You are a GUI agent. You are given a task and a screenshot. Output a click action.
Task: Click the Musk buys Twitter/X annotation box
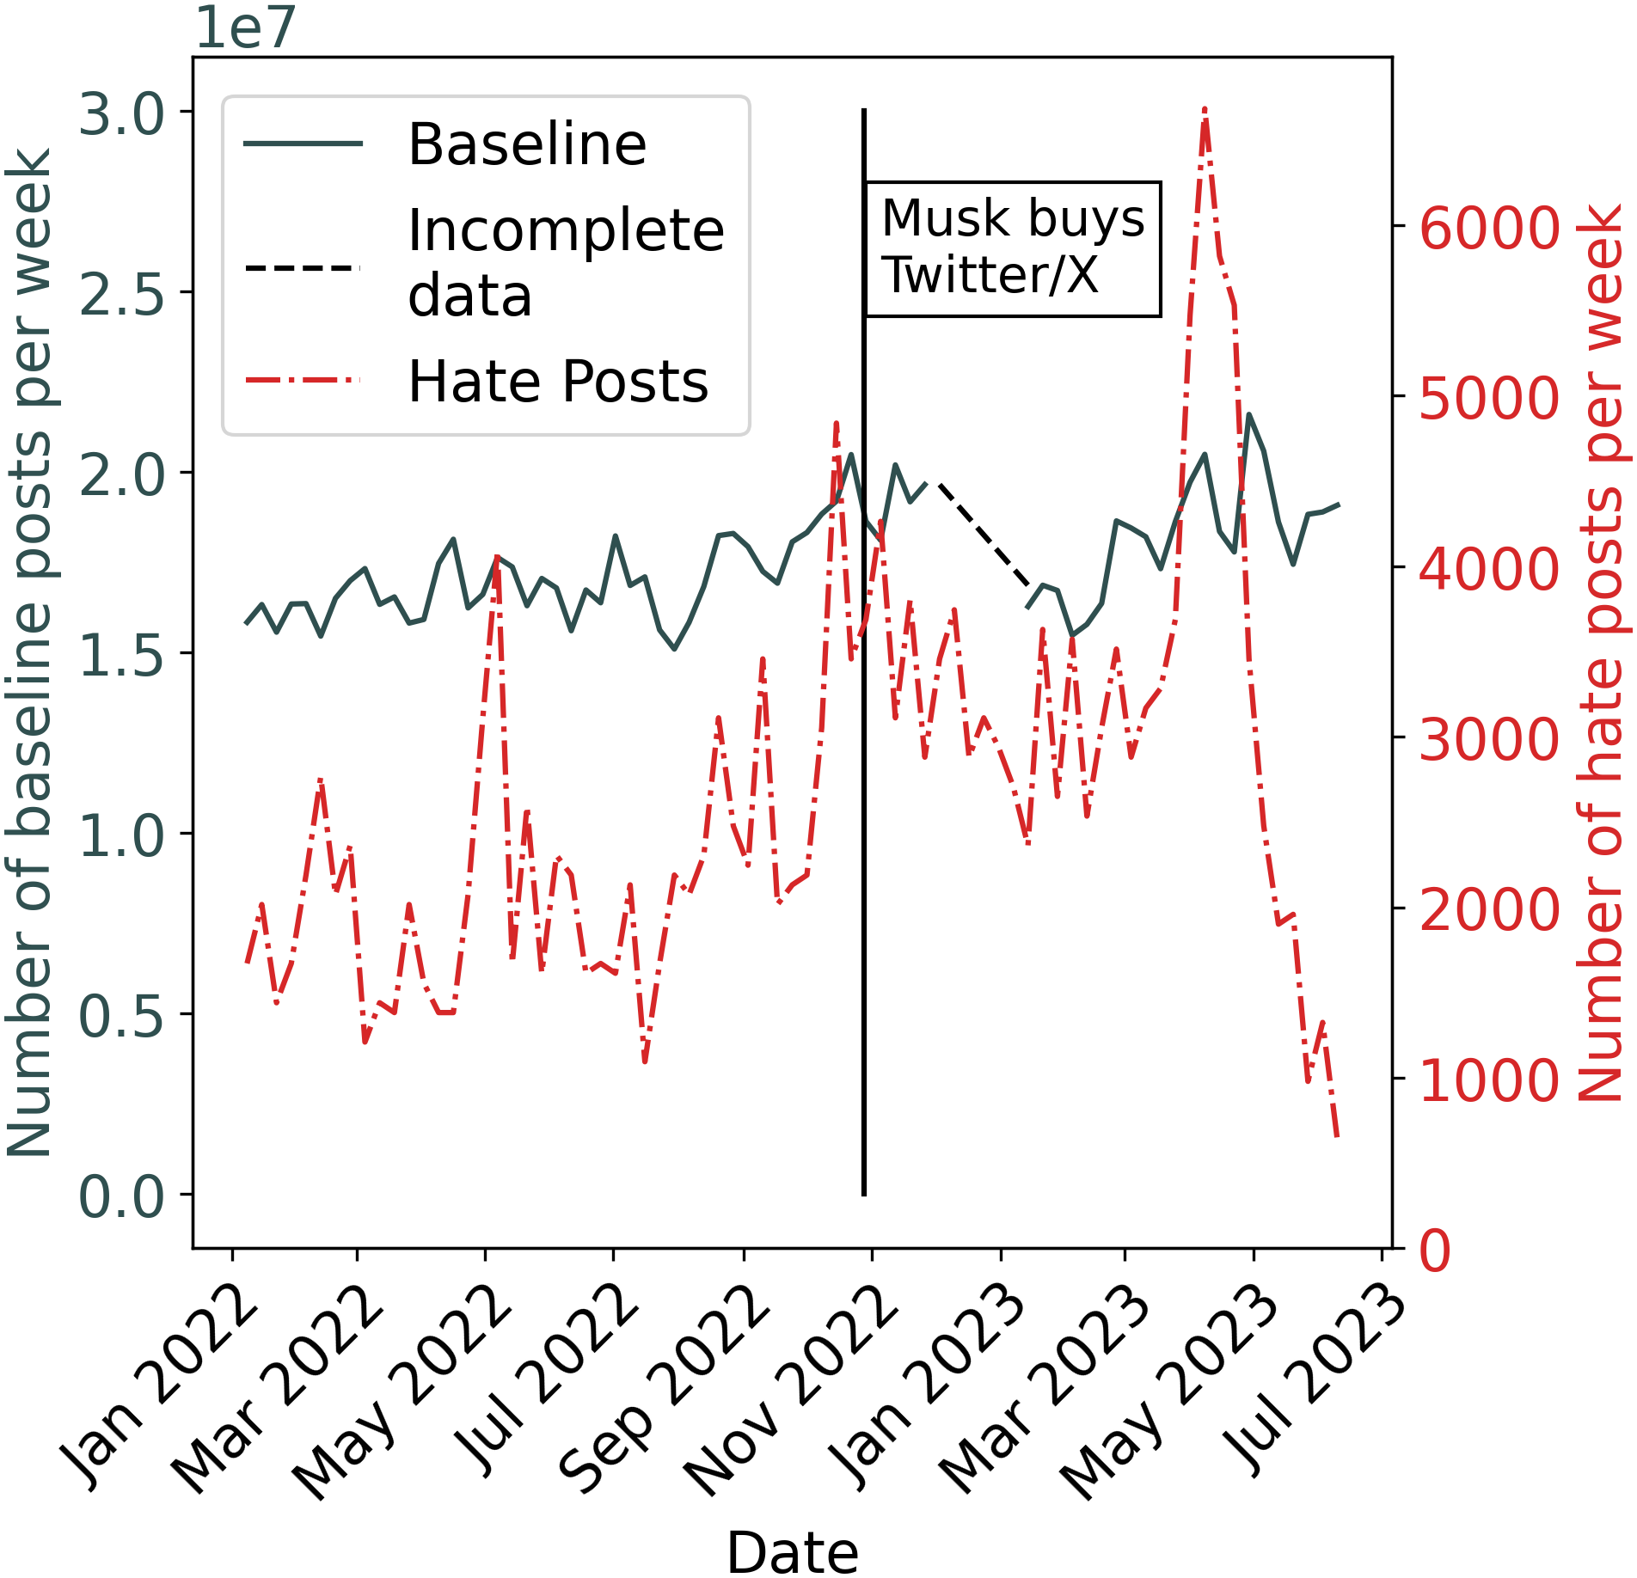1012,248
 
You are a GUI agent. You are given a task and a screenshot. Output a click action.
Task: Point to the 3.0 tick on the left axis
121,114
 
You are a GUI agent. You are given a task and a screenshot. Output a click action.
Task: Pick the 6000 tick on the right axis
1488,229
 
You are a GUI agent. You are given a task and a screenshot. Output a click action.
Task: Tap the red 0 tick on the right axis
1435,1251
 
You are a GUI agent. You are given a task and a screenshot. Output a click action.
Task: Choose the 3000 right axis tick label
1488,739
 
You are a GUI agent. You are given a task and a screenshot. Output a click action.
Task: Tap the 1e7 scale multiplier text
245,28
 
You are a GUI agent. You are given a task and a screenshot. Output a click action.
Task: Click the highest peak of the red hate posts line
1205,110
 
